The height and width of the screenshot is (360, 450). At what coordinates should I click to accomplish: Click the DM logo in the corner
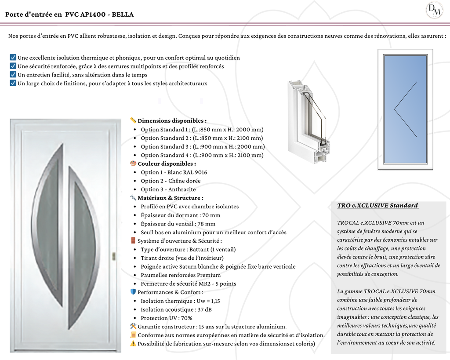(x=435, y=10)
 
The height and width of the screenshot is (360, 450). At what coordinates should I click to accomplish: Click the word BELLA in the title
(x=123, y=15)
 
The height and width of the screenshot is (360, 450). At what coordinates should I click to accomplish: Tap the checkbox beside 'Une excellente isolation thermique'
(x=13, y=58)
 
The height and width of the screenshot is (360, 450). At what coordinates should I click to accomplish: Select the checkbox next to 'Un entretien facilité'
(x=13, y=75)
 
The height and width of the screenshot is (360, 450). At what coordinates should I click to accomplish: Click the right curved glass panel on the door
(x=83, y=246)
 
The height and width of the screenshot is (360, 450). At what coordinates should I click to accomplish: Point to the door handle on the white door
(x=113, y=256)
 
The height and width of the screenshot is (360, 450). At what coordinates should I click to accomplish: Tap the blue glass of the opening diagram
(x=405, y=109)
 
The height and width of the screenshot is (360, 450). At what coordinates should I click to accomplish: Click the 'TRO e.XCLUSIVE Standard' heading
(x=377, y=206)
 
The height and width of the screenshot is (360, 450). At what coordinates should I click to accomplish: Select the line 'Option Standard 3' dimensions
(x=203, y=147)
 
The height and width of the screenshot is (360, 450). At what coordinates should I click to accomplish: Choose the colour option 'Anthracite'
(x=182, y=189)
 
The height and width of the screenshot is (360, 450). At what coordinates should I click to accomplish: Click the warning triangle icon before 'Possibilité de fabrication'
(x=133, y=343)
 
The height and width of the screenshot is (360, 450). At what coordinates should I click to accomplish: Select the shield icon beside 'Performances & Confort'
(x=133, y=292)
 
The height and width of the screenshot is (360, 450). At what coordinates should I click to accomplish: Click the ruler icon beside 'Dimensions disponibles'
(x=133, y=120)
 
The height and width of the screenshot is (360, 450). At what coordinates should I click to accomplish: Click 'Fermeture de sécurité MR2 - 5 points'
(x=188, y=284)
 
